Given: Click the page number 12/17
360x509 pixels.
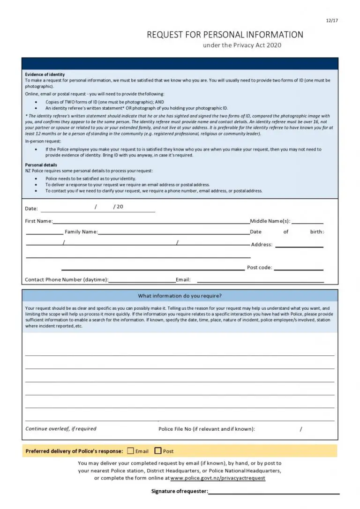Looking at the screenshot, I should [x=332, y=20].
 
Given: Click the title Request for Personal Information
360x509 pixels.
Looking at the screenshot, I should [x=225, y=35].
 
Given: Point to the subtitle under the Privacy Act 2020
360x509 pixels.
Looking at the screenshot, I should [x=242, y=45].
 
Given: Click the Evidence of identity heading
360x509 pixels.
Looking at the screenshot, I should [x=45, y=75].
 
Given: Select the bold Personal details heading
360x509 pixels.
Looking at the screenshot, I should [x=41, y=165].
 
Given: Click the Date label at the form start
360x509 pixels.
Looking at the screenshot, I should [x=31, y=209].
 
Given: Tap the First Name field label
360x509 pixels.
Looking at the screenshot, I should [x=38, y=221].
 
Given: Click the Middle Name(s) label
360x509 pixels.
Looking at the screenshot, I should [x=270, y=221].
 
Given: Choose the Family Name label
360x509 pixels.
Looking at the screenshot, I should [x=81, y=232].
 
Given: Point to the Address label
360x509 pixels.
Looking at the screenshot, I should [x=262, y=245].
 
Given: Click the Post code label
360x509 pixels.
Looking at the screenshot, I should [x=259, y=268].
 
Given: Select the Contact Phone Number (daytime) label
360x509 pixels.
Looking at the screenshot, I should [x=66, y=280].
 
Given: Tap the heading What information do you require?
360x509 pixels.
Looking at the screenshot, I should [x=180, y=296].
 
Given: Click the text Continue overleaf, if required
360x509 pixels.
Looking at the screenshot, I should [x=61, y=429].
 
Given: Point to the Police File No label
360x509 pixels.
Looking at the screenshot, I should [x=206, y=429].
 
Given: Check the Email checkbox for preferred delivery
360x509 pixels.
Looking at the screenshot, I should [x=130, y=451].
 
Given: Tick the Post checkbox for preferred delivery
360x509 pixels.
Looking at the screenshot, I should [x=158, y=451].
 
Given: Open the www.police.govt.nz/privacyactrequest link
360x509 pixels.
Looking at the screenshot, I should [x=217, y=478].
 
